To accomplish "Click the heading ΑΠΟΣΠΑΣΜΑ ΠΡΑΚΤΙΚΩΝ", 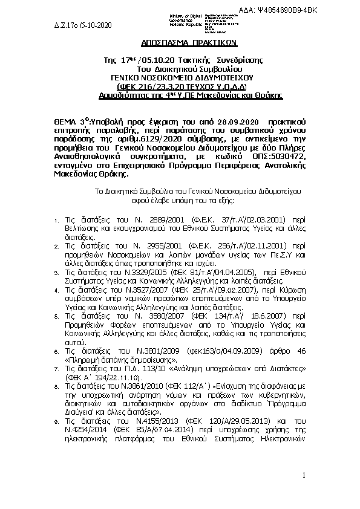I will pyautogui.click(x=180, y=44).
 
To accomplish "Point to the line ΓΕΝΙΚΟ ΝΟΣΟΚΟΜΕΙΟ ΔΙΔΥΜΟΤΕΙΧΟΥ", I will pyautogui.click(x=179, y=78).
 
